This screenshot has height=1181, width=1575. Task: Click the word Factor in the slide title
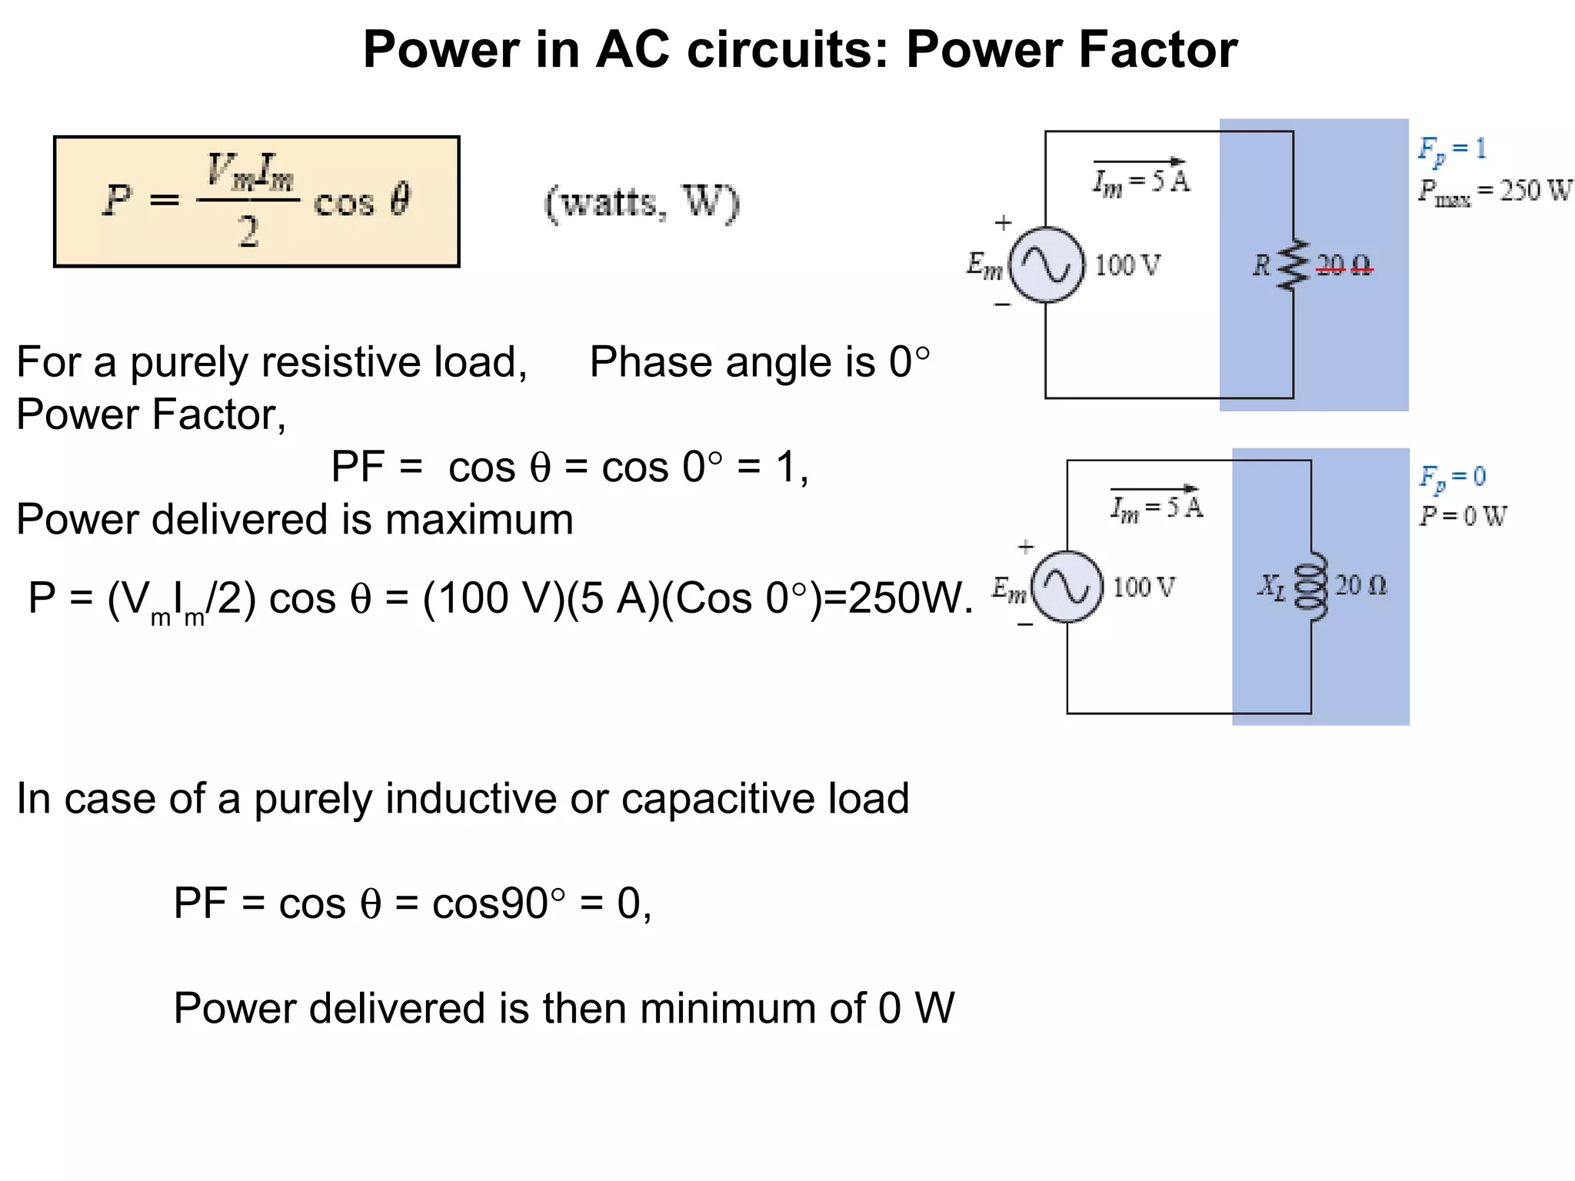[1157, 50]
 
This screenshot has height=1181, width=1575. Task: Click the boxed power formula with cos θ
[256, 201]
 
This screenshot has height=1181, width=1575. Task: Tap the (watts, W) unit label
[641, 204]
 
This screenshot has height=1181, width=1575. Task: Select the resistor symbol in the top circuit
[1294, 265]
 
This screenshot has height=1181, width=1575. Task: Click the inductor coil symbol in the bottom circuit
[1311, 587]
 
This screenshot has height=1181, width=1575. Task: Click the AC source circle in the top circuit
[1046, 265]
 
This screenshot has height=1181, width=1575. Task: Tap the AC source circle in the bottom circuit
[1067, 587]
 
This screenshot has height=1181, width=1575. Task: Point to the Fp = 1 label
[1452, 149]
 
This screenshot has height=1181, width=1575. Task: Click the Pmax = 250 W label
[1494, 191]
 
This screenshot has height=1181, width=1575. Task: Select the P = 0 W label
[1462, 516]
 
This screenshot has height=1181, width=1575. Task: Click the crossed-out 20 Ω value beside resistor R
[1344, 266]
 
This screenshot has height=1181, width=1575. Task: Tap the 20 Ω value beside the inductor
[1360, 586]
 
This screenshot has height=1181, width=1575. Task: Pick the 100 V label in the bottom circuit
[1144, 587]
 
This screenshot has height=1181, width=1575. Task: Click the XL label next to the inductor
[1270, 587]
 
